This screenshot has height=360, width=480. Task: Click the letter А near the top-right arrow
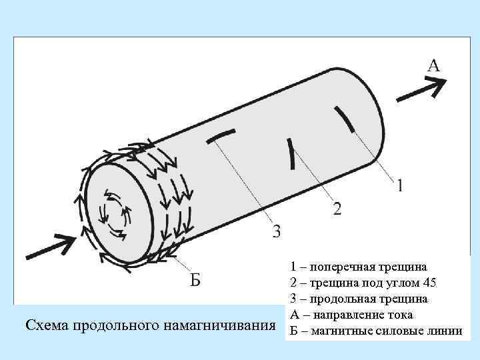click(x=433, y=65)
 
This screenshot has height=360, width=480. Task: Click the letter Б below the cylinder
click(x=193, y=279)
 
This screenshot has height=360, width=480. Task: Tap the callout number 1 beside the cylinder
click(x=399, y=185)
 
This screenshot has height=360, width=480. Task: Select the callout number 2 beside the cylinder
click(x=337, y=209)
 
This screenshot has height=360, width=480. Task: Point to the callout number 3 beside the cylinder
click(x=277, y=231)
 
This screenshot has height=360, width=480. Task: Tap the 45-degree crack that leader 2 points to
click(x=291, y=153)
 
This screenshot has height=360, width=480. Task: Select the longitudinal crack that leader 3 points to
click(x=221, y=135)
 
